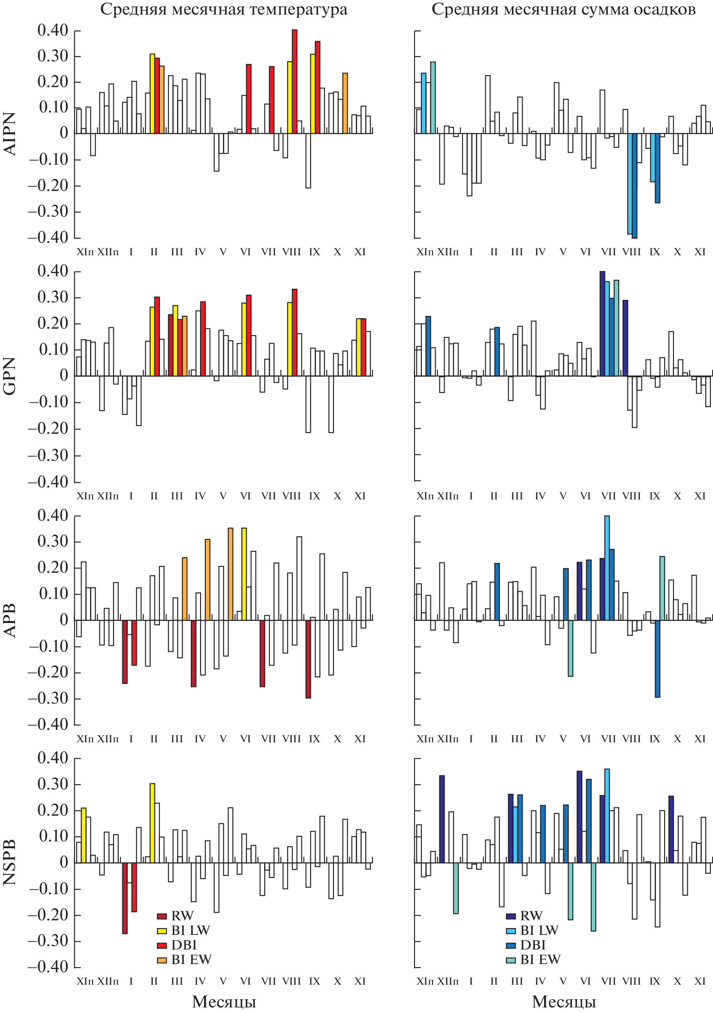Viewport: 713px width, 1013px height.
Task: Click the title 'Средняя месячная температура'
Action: coord(223,9)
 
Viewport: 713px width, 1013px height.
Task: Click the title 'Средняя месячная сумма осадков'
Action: coord(563,9)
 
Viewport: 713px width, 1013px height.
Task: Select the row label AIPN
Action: coord(9,133)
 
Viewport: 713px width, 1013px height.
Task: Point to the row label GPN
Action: coord(9,376)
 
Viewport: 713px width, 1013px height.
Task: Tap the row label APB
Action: coord(9,620)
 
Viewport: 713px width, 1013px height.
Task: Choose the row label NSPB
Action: coord(9,862)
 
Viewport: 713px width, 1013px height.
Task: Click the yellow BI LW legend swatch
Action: coord(162,931)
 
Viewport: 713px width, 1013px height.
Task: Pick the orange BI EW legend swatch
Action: coord(162,960)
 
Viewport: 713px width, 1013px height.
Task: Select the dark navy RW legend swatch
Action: coord(511,916)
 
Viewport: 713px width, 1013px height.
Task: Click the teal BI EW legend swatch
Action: coord(511,960)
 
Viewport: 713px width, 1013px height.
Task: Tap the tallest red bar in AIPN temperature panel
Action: coord(295,82)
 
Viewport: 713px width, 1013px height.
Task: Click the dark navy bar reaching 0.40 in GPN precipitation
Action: coord(602,324)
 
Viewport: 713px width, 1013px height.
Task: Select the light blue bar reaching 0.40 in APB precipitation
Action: coord(607,568)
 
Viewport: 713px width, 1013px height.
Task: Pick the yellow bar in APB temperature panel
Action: coord(244,574)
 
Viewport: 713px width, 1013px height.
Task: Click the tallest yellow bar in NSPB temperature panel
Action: coord(153,823)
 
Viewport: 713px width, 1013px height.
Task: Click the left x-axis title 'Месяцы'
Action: coord(224,1001)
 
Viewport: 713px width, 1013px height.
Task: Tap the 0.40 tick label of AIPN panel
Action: coord(53,30)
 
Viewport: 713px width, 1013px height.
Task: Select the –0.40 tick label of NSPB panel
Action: coord(48,967)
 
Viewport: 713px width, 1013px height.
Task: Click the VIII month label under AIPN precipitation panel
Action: coord(632,252)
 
